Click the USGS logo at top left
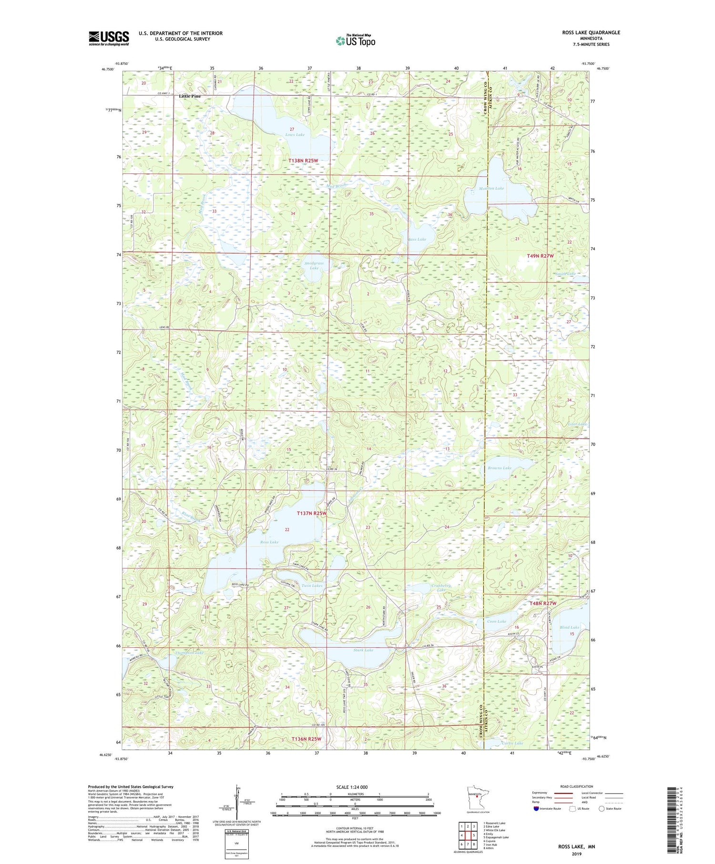click(x=109, y=38)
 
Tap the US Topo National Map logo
click(x=355, y=41)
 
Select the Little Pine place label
click(x=190, y=96)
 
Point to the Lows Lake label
click(x=295, y=135)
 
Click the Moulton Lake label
click(x=491, y=188)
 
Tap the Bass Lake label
click(x=417, y=239)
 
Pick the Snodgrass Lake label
click(x=314, y=265)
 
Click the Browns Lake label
click(x=499, y=468)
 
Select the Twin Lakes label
click(x=312, y=585)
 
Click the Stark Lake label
click(x=363, y=650)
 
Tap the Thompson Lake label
click(x=189, y=652)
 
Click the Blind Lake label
click(x=569, y=627)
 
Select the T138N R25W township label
click(x=303, y=161)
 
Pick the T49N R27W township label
click(x=540, y=256)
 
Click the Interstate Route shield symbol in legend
click(x=536, y=809)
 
